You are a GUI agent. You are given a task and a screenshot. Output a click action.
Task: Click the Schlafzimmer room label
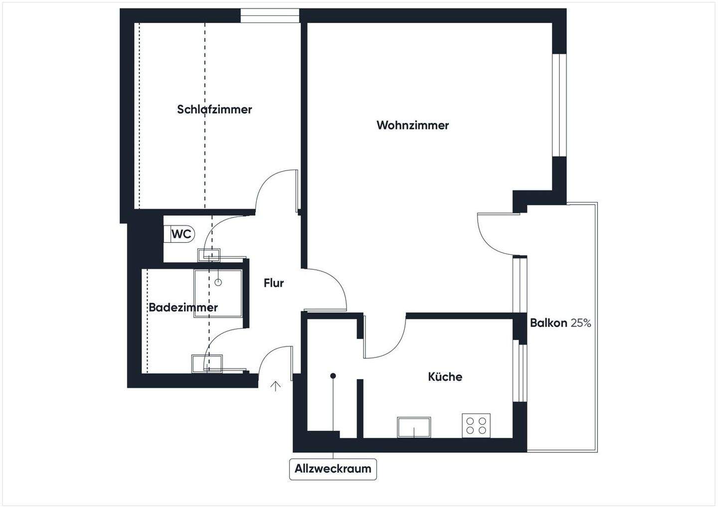pos(214,109)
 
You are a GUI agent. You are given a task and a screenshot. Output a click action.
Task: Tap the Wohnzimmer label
pos(412,125)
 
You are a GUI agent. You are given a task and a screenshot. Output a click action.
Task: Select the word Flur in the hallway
pos(274,283)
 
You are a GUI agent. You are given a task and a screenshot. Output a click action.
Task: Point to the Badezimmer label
pos(183,308)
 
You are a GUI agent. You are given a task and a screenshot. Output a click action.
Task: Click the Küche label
pos(445,377)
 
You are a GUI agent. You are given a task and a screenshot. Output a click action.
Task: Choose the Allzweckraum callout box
pos(333,469)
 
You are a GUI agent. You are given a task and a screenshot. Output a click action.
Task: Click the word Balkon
pos(548,323)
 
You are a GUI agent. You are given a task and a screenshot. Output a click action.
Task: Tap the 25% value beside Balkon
pos(581,323)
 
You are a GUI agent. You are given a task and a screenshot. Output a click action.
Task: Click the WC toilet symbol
pos(180,234)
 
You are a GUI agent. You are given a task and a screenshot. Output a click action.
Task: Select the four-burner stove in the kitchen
pos(476,426)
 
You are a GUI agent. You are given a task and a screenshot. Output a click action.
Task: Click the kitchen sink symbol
pos(414,427)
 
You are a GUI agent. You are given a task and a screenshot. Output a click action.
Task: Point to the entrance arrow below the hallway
pos(275,385)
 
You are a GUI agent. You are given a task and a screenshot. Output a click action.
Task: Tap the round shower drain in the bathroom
pos(218,283)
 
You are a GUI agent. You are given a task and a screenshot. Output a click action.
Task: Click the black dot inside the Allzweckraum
pos(333,375)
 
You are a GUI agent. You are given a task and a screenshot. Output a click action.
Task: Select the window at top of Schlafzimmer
pos(270,15)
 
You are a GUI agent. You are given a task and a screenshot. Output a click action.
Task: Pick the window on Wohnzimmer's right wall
pos(559,105)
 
